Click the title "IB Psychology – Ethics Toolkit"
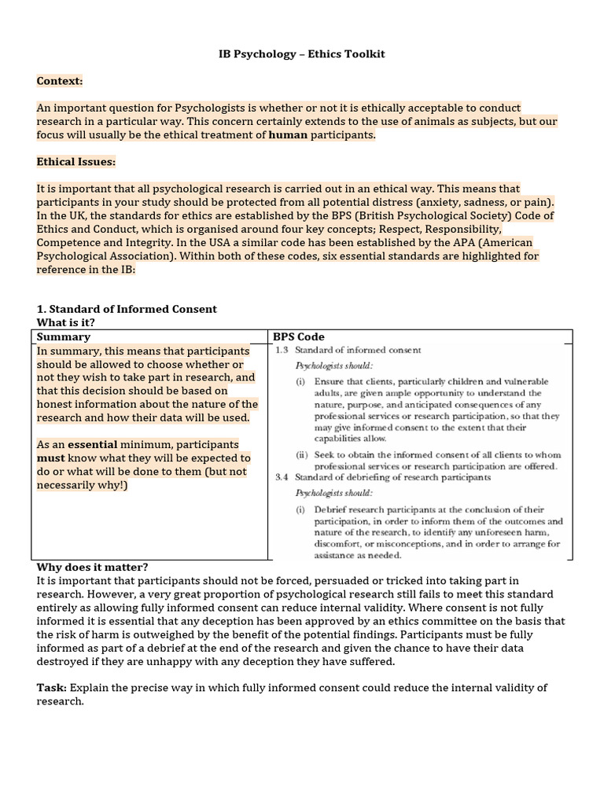point(301,53)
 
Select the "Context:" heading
point(59,80)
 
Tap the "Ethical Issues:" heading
point(75,161)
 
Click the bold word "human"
point(288,134)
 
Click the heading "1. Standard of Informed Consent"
point(127,309)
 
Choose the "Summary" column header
point(64,336)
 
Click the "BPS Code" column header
point(298,336)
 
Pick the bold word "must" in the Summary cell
point(50,458)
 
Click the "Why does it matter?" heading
point(92,567)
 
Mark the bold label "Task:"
point(52,687)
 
